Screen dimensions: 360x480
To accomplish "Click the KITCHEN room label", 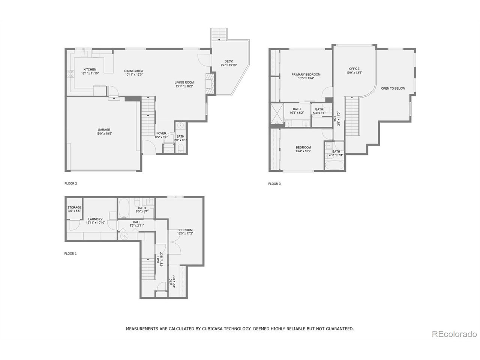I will pos(90,70).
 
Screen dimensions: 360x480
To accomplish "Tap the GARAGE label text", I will pos(104,130).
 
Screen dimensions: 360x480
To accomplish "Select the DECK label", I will pos(228,61).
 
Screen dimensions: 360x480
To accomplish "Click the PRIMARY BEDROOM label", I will pos(306,75).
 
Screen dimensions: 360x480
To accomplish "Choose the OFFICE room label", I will pos(354,69).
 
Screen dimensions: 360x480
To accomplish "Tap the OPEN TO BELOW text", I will pos(393,88).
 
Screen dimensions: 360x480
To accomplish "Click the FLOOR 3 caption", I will pos(274,184).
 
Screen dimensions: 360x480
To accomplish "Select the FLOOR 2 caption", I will pos(70,184).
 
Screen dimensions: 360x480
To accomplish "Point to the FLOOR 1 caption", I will pos(70,253).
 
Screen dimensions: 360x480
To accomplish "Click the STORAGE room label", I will pos(74,207).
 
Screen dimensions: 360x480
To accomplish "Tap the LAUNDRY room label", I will pos(95,219).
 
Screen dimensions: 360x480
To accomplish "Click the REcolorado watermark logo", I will pos(454,334).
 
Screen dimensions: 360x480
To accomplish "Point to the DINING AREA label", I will pos(134,71).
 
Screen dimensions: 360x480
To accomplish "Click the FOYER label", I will pos(161,133).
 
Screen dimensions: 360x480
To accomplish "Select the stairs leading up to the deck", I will pos(219,34).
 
